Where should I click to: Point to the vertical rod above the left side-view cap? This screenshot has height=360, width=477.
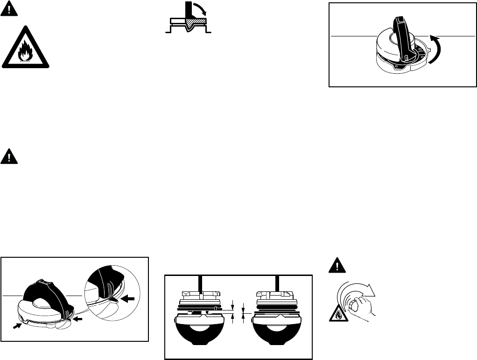(200, 284)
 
